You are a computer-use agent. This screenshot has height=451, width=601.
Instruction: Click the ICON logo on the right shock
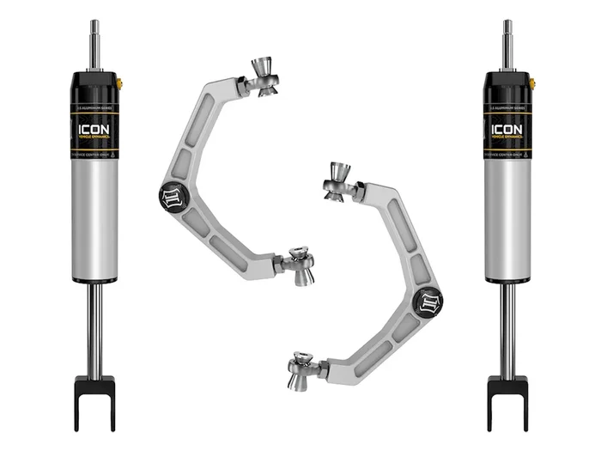507,130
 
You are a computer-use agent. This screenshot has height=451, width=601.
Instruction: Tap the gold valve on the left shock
120,83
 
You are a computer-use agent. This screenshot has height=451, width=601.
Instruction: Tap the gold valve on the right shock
533,83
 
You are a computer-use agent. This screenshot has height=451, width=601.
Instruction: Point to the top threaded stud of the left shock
94,43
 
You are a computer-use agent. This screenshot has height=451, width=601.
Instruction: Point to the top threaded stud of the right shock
507,43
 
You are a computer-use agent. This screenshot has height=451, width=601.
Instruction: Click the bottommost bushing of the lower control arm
302,372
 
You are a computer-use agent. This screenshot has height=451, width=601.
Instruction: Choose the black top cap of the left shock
94,86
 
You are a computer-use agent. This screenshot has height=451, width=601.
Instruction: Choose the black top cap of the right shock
507,86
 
